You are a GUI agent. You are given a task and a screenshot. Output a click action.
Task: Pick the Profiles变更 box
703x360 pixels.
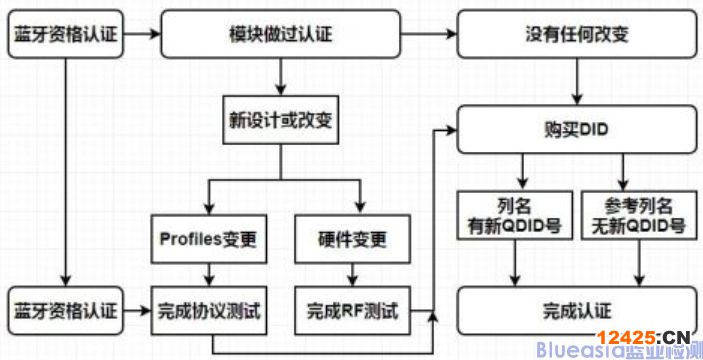click(x=208, y=240)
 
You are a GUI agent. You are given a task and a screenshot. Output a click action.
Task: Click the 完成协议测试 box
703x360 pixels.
click(x=208, y=312)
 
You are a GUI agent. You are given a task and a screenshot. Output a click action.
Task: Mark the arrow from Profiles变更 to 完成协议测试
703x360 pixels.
click(x=208, y=274)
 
